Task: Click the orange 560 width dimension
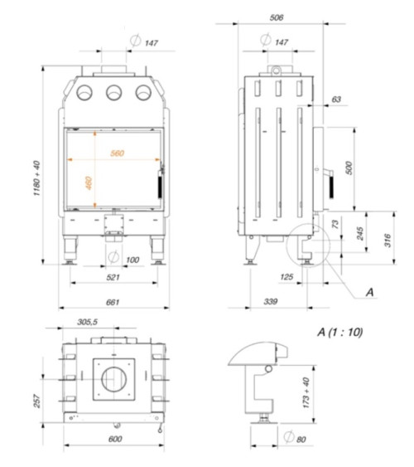click(117, 153)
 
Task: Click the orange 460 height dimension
click(89, 182)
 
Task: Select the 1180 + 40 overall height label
click(36, 178)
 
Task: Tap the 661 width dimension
click(113, 302)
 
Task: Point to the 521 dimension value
click(113, 277)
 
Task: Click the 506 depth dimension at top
click(277, 17)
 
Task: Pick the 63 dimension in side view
click(336, 100)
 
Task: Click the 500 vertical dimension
click(349, 168)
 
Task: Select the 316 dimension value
click(388, 241)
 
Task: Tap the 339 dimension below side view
click(271, 302)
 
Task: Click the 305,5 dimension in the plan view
click(88, 322)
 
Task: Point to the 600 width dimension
click(115, 439)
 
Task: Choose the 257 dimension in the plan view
click(36, 401)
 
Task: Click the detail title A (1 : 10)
click(340, 332)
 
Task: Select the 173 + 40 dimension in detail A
click(306, 393)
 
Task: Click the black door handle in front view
click(160, 187)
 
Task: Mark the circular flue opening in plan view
click(113, 379)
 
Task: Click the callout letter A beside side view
click(370, 292)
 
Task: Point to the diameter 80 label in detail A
click(295, 438)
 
